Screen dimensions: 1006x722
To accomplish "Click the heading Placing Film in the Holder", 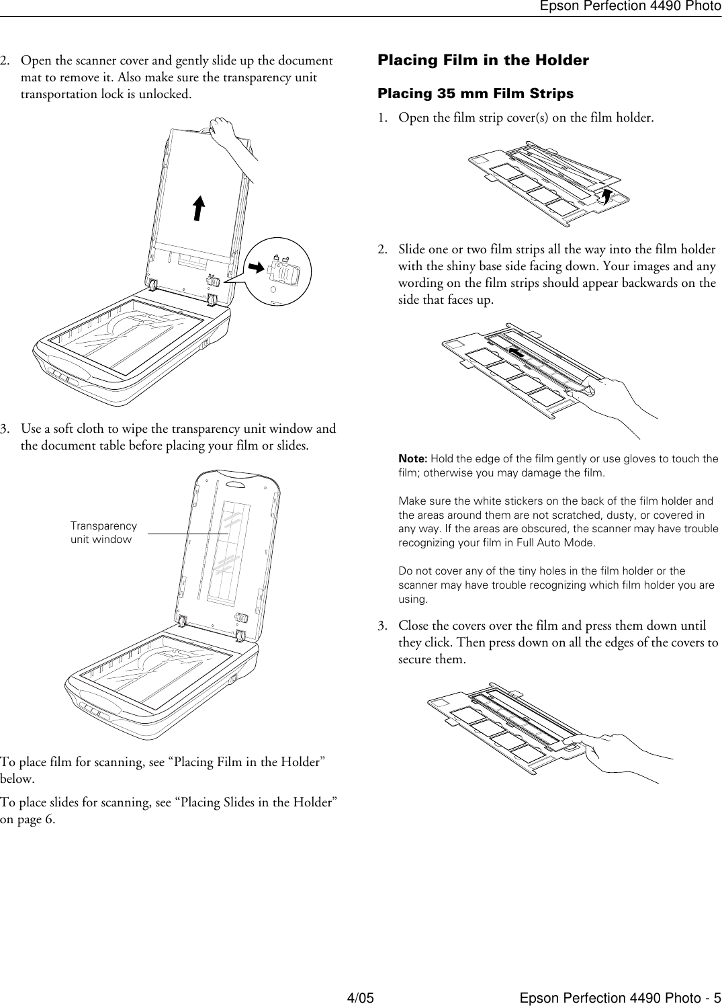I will click(483, 60).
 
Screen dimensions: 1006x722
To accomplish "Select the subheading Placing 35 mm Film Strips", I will click(476, 93).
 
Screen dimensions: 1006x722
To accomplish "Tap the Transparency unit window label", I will click(103, 533).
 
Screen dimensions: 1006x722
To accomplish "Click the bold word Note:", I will click(413, 459).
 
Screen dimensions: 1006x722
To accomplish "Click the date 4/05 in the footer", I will click(360, 997).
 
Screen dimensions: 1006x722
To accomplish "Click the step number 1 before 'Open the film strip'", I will click(382, 118).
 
